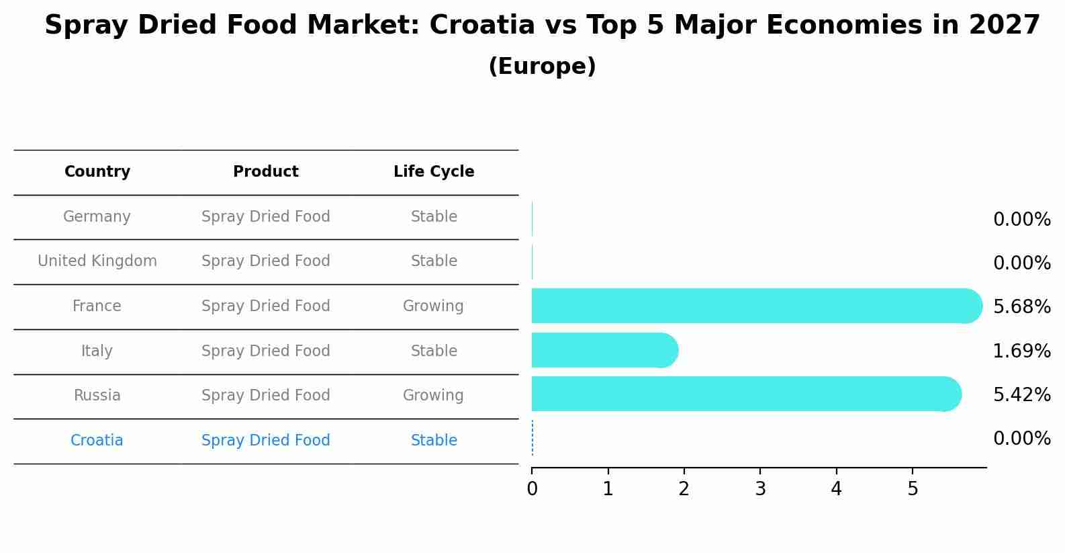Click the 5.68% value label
pos(1021,307)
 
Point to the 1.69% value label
pos(1021,351)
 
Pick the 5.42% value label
pos(1021,394)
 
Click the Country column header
pos(97,172)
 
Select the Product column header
pos(266,172)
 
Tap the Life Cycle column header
pos(434,172)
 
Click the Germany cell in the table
pos(97,217)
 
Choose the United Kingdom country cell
pos(97,261)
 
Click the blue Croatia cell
pos(97,441)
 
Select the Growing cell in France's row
pos(433,306)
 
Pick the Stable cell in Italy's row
pos(434,351)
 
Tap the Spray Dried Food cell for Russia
pos(266,396)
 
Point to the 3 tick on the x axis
pos(760,489)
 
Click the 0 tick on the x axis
pos(532,489)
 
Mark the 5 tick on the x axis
pos(913,489)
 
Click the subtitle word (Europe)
pos(542,67)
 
